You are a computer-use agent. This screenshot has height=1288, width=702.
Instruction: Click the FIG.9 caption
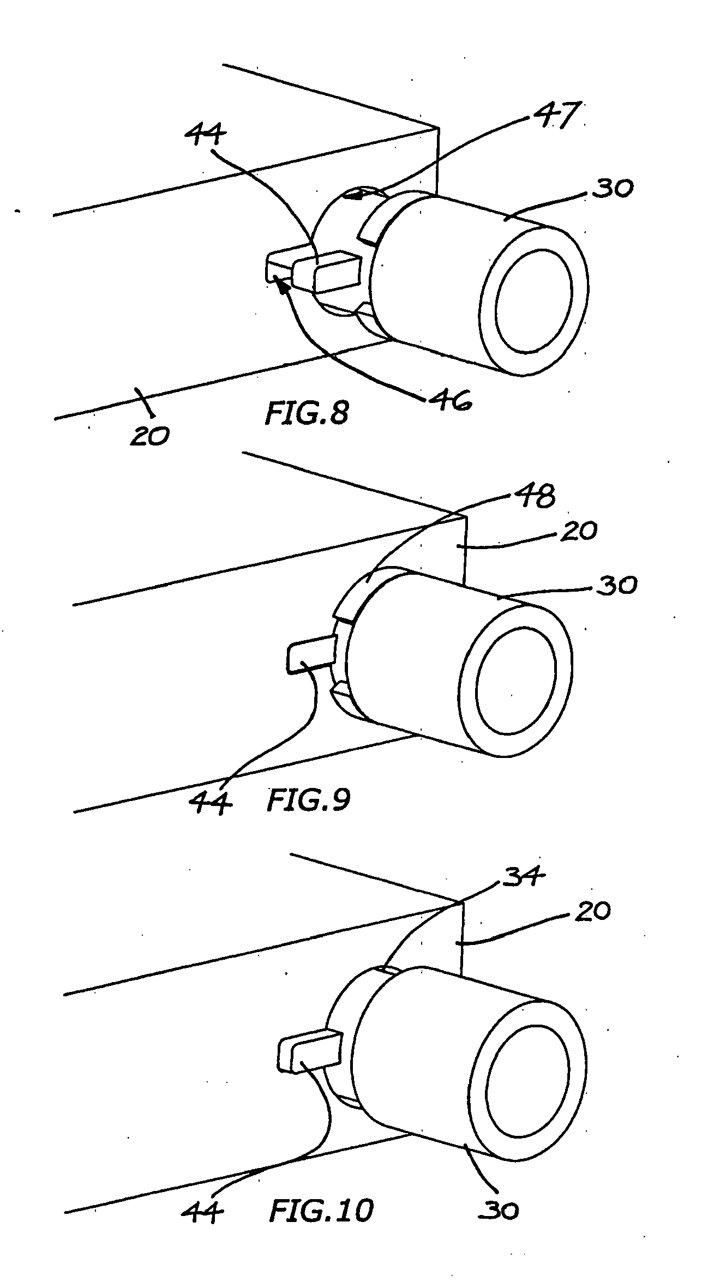coord(308,801)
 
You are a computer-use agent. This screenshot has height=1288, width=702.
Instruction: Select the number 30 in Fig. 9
coord(614,585)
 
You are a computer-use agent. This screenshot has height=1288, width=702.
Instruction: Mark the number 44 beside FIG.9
coord(211,802)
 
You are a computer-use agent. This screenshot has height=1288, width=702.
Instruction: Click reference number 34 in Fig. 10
coord(524,875)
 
